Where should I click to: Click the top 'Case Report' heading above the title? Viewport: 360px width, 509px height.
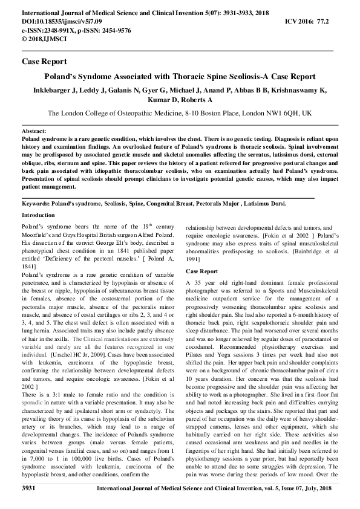coord(44,62)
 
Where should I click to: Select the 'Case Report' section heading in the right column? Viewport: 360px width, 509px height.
coord(201,271)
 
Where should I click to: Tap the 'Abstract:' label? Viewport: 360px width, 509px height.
coord(34,131)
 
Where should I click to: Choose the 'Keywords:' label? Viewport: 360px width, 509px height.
coord(37,205)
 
